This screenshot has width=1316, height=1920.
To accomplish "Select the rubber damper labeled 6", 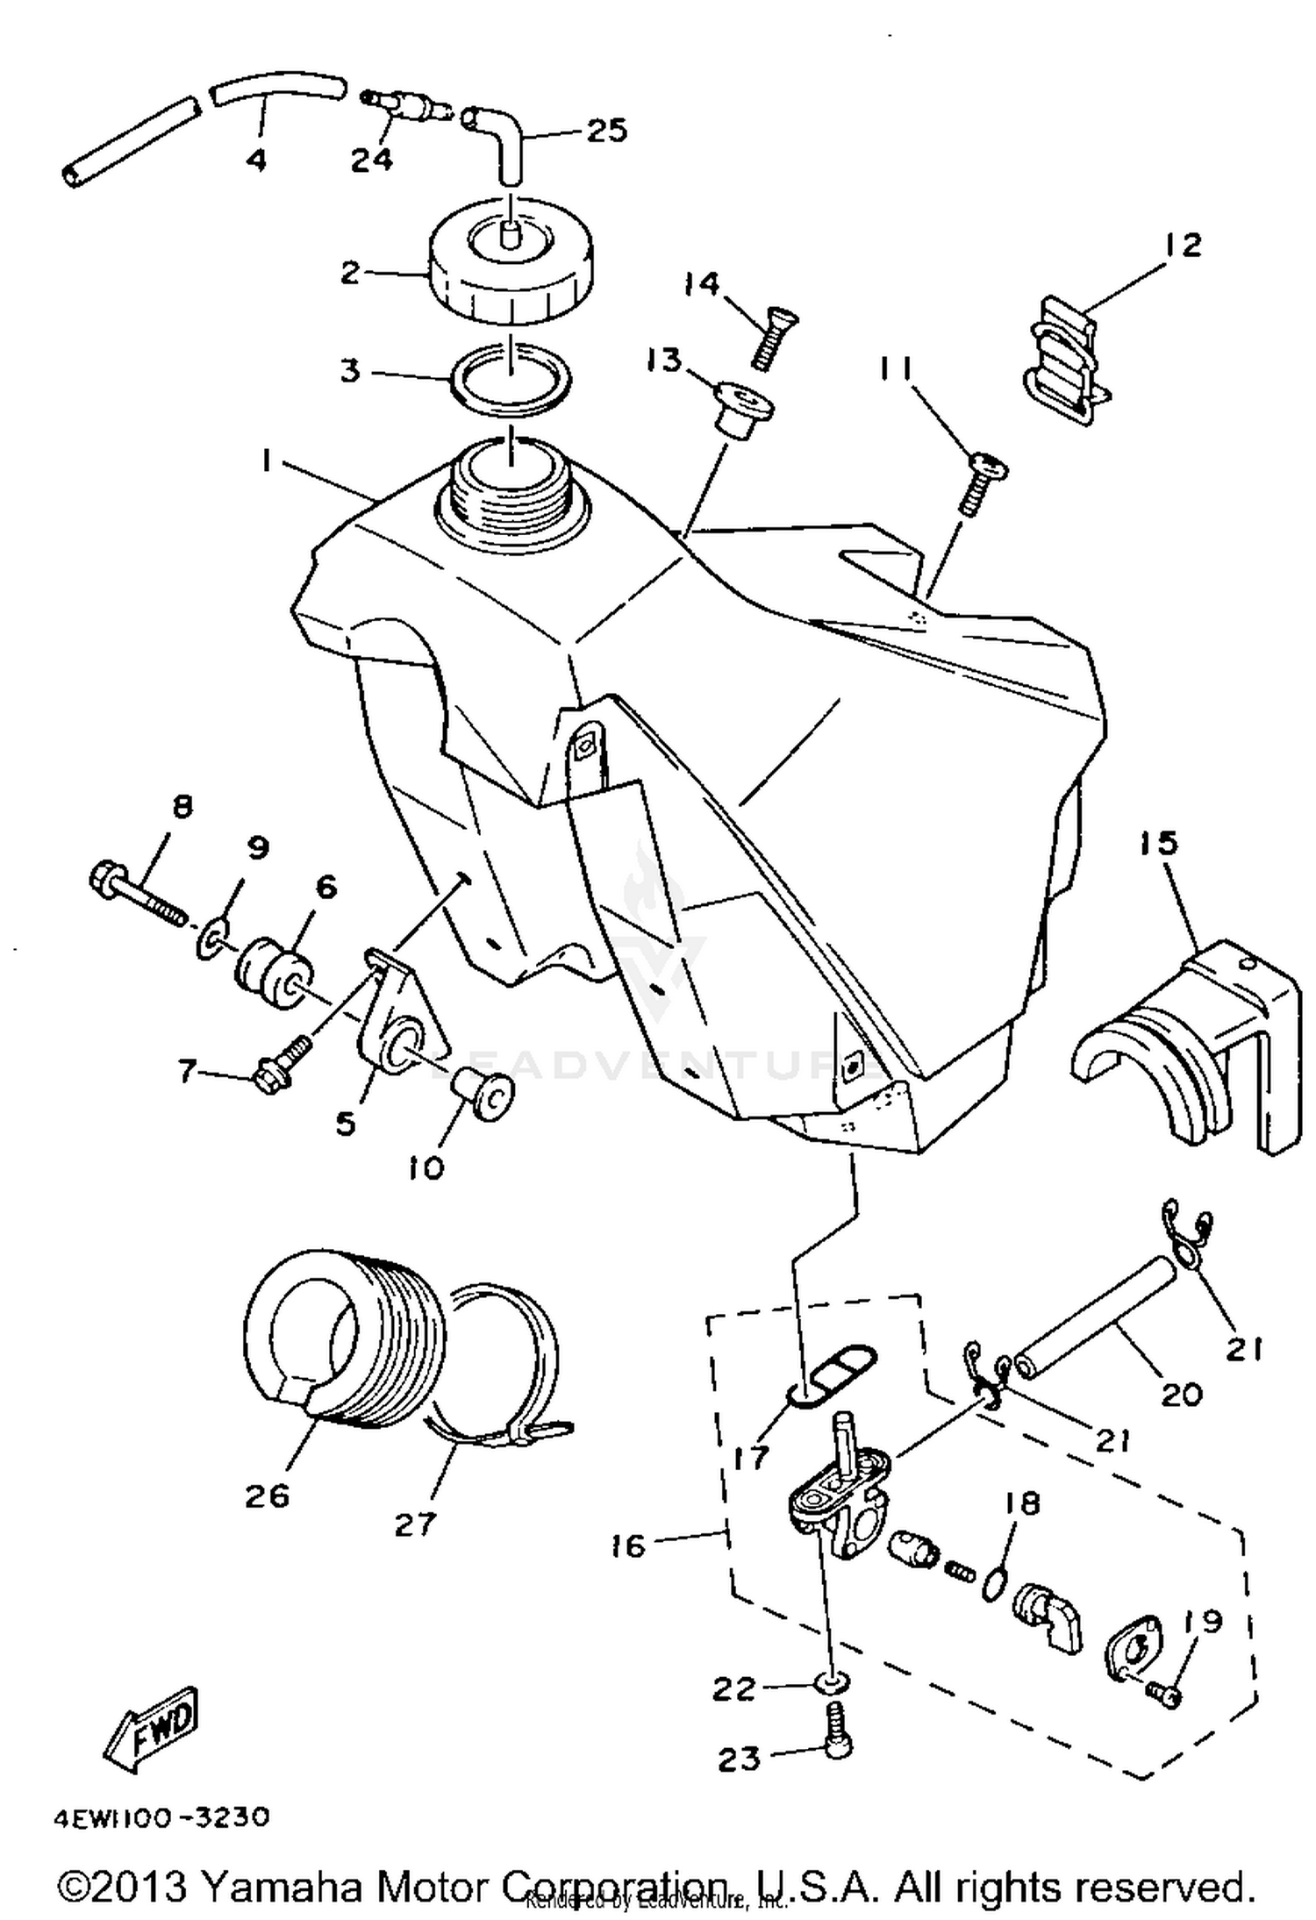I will (274, 973).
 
